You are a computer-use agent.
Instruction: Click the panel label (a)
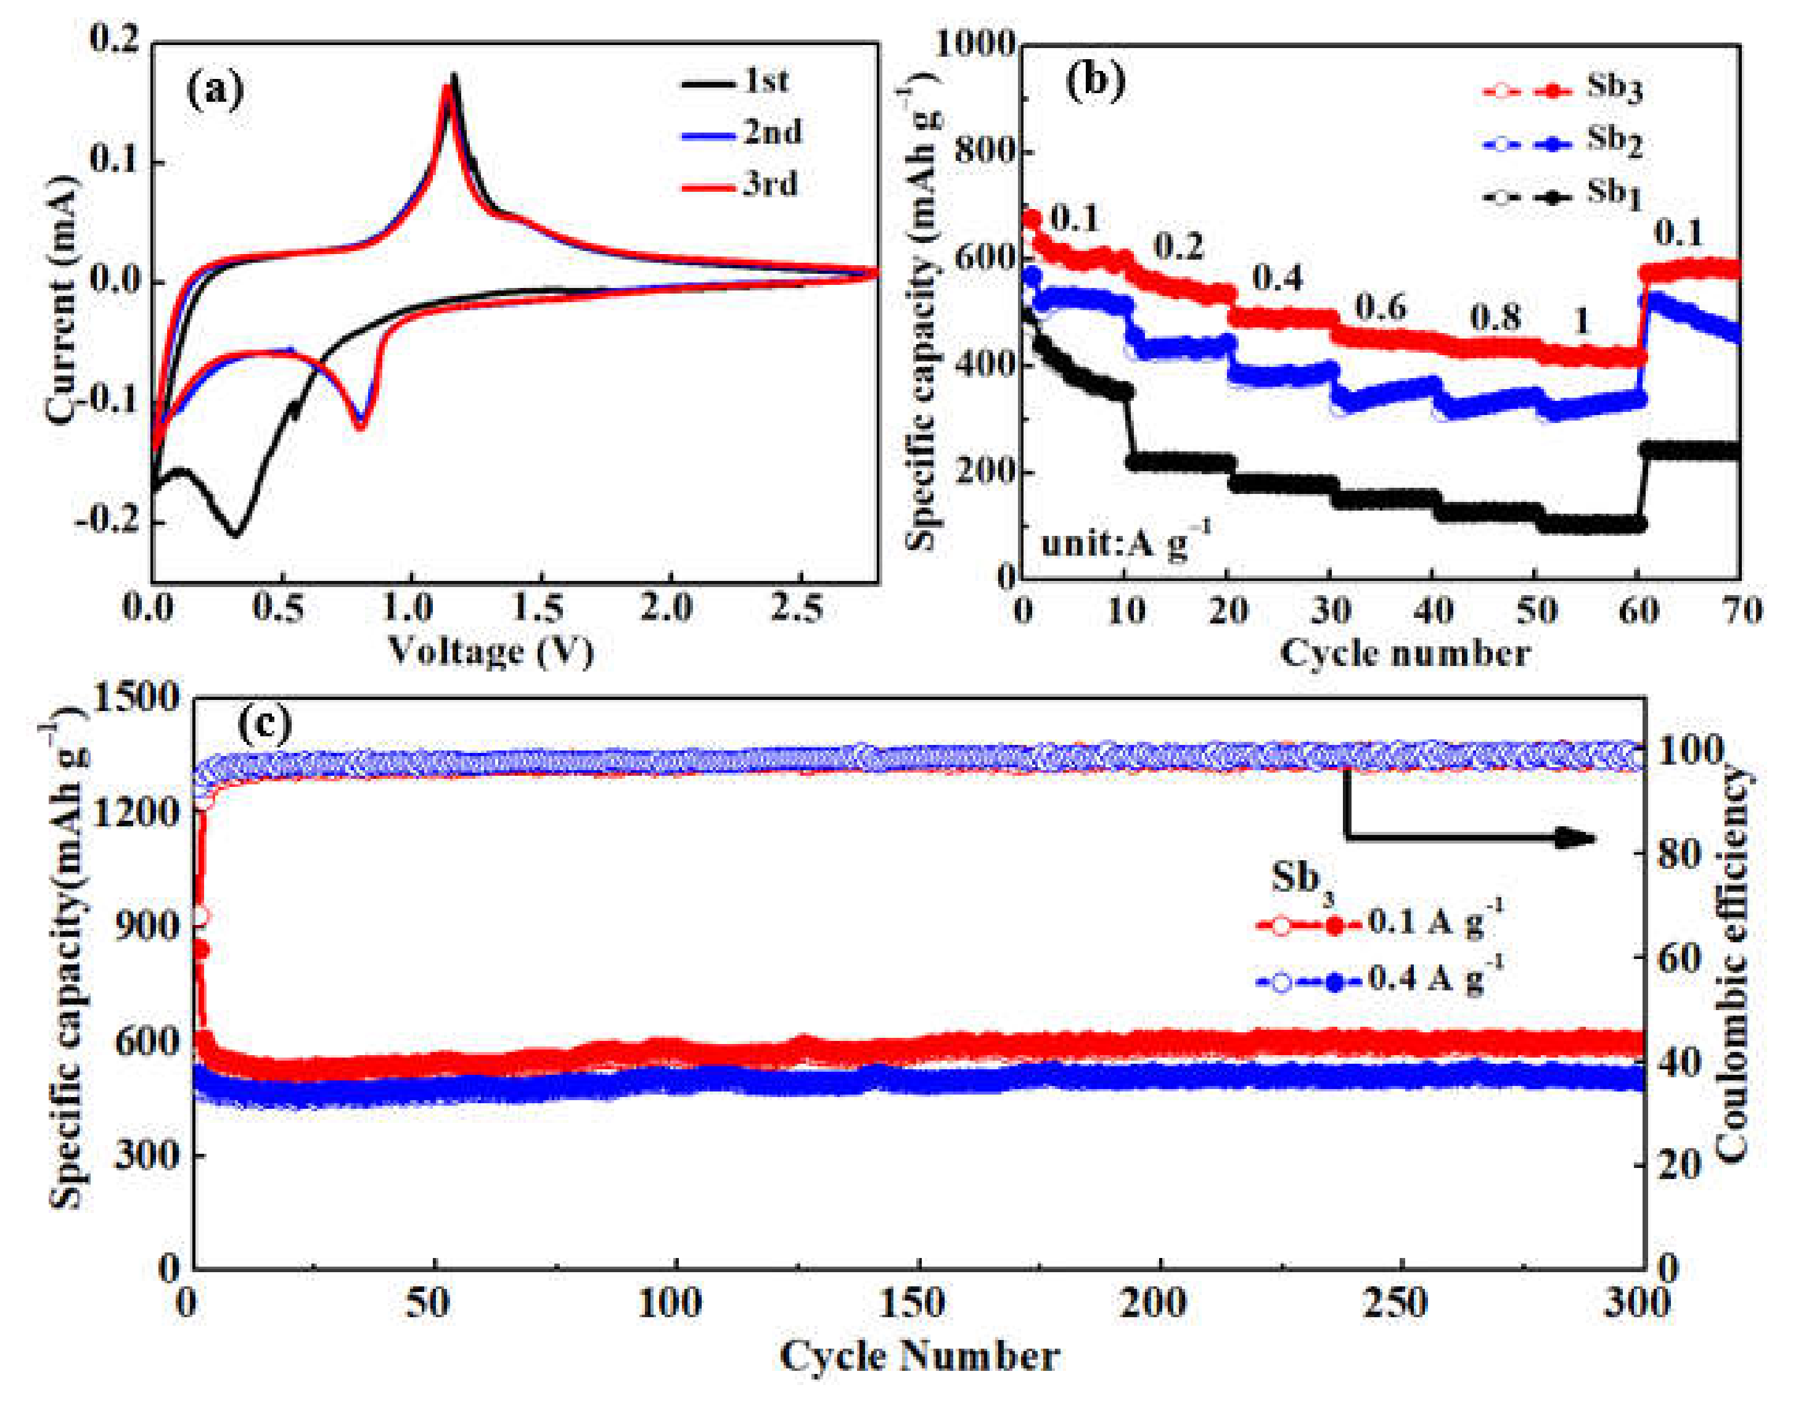[x=216, y=91]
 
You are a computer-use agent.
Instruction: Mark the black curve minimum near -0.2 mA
[x=236, y=535]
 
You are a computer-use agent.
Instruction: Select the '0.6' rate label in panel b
[x=1381, y=308]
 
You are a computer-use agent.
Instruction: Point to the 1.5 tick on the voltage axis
[x=539, y=609]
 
